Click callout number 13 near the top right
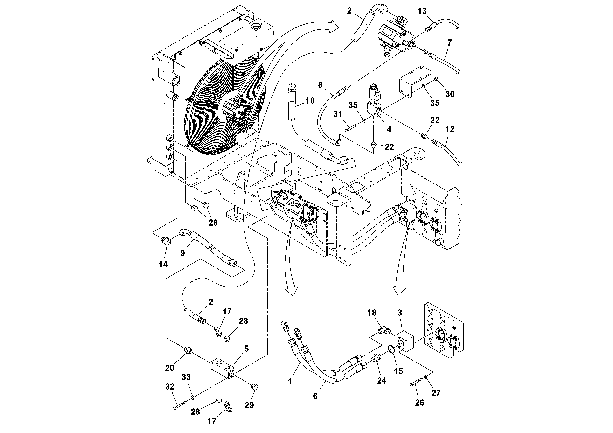[x=422, y=11]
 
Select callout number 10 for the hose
[x=310, y=101]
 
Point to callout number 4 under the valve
[x=389, y=129]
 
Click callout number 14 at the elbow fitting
[x=163, y=264]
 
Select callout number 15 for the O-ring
[x=398, y=371]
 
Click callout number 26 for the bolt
[x=419, y=403]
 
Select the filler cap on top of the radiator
[x=256, y=27]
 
